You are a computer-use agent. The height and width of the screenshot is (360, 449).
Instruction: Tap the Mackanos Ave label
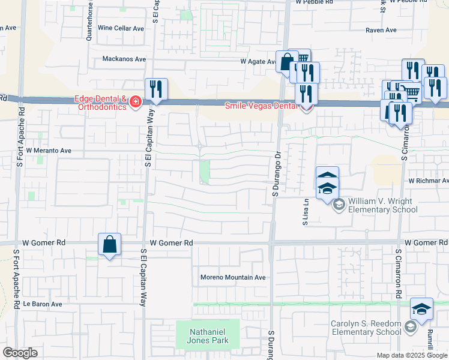(x=124, y=59)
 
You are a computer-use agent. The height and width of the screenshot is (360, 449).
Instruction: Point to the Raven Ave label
(x=382, y=30)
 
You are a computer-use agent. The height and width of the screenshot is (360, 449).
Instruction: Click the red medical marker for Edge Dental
(x=136, y=103)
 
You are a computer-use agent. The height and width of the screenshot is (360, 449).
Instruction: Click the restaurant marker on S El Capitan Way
(x=156, y=90)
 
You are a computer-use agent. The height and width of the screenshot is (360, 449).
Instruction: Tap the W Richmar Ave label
(x=428, y=180)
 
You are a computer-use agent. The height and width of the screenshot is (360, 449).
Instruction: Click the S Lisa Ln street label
(x=306, y=212)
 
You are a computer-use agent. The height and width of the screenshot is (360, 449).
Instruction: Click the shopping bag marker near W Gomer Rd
(x=109, y=245)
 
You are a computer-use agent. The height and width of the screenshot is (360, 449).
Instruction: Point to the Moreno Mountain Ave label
(x=232, y=277)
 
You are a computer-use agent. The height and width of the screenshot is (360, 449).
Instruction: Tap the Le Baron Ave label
(x=43, y=304)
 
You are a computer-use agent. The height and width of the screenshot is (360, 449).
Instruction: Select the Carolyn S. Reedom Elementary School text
(x=366, y=328)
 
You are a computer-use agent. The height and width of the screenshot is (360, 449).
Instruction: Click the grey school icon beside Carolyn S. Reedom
(x=411, y=327)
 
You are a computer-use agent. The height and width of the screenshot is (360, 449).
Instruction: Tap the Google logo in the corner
(x=20, y=353)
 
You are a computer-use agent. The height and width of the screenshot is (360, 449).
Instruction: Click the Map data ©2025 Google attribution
(x=411, y=355)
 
